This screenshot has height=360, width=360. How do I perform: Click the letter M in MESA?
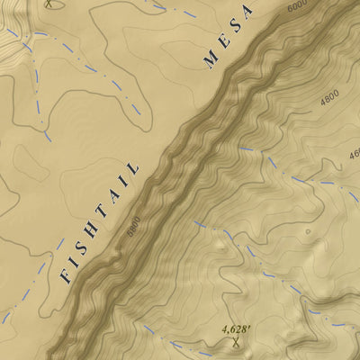[x=211, y=60]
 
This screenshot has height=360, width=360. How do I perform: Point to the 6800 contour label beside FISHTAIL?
[x=133, y=224]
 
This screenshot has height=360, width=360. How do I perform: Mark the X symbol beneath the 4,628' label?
[x=236, y=343]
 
